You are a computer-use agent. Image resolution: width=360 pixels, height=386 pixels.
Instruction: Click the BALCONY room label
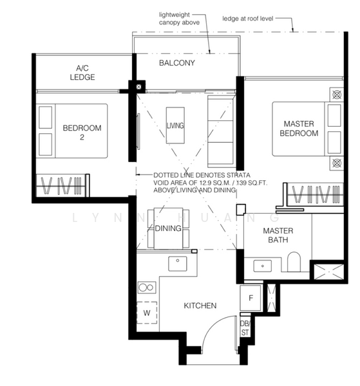coord(177,63)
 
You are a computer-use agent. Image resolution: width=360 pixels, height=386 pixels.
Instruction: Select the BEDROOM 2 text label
coord(82,133)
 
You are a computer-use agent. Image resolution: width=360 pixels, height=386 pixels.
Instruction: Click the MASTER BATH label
coord(278,235)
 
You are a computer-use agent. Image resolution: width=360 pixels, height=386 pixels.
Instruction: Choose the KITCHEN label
coord(200,306)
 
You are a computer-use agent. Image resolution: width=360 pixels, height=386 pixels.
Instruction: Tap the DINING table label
coord(167,228)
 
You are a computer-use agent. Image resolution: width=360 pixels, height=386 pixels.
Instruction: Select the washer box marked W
coord(147,313)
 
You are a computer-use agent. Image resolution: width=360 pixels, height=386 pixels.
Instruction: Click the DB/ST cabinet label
coord(245,328)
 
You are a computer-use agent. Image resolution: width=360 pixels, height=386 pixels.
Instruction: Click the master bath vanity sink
coord(262,264)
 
